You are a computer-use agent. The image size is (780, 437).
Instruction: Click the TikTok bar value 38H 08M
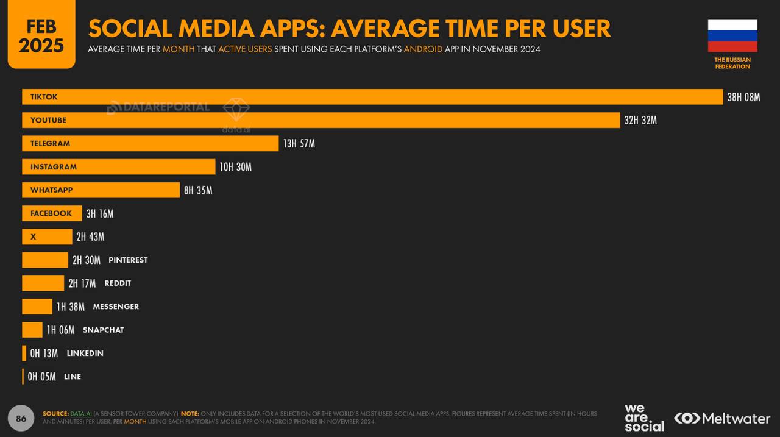[x=743, y=97]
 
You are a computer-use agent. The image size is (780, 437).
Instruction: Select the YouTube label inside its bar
[x=48, y=120]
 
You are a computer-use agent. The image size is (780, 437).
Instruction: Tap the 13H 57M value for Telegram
[x=299, y=144]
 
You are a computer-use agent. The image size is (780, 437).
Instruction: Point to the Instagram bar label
[x=54, y=167]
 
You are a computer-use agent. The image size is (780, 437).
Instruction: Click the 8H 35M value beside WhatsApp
[x=198, y=190]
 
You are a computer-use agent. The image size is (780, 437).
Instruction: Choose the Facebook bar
[x=52, y=213]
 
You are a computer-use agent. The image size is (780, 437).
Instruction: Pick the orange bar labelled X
[x=47, y=236]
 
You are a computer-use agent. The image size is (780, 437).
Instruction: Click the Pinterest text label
[x=128, y=260]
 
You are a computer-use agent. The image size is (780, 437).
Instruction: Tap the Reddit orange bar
[x=43, y=283]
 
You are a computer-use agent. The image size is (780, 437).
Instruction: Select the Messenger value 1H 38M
[x=71, y=307]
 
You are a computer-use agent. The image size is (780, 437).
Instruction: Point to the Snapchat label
[x=103, y=330]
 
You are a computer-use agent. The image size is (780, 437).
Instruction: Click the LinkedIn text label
[x=85, y=354]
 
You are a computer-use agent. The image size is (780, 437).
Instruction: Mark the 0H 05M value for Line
[x=41, y=377]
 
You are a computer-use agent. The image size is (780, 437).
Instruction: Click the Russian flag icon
[x=732, y=35]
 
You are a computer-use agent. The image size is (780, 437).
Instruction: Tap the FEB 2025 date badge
[x=41, y=35]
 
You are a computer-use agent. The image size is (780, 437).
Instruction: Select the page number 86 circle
[x=21, y=418]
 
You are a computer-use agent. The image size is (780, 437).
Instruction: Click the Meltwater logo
[x=722, y=418]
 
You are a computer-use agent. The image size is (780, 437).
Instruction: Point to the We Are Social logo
[x=643, y=417]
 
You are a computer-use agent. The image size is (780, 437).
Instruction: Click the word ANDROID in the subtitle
[x=423, y=49]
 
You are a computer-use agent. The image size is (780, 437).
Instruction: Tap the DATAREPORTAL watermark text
[x=158, y=107]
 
